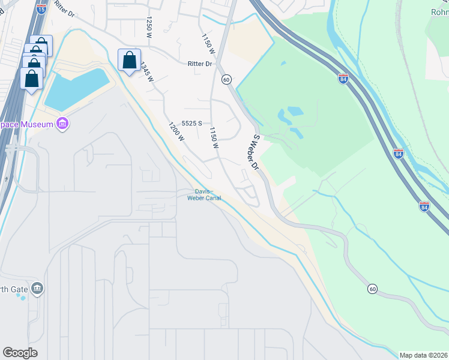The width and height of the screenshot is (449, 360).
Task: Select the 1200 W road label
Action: pos(176,131)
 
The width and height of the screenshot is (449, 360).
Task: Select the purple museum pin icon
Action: pos(62,124)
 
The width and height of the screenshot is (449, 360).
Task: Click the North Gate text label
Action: pos(13,290)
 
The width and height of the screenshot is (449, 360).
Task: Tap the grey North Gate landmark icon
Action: pos(37,289)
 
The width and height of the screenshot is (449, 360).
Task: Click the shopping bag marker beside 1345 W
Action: pos(129,61)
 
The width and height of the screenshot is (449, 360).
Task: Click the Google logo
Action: pos(20,352)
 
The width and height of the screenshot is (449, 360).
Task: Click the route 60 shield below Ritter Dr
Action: pos(226,79)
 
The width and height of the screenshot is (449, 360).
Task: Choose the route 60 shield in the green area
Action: pos(372,289)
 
